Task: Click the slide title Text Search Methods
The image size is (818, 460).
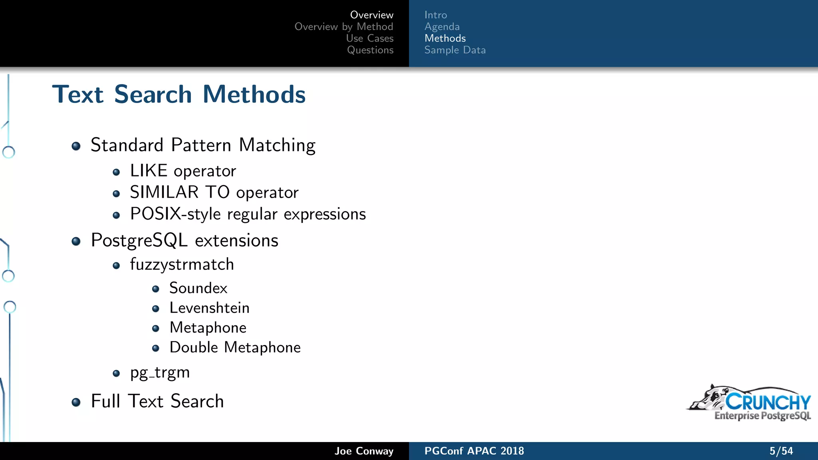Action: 179,95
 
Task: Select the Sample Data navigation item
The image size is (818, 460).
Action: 455,50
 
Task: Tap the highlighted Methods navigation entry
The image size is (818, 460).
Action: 445,38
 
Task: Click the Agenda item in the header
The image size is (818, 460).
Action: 442,27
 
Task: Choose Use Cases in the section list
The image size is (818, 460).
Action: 369,38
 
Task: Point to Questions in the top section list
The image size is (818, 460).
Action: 370,50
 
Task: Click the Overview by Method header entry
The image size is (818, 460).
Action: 343,27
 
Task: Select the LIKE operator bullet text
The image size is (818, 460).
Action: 183,171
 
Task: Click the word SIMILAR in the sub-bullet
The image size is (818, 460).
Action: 164,192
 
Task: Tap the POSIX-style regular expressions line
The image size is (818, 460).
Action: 248,214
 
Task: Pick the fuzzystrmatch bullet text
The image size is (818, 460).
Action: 182,264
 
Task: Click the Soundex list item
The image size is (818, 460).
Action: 198,288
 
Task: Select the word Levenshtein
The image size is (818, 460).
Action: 209,308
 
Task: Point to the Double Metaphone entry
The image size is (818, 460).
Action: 235,347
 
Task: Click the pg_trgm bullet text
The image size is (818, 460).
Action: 160,373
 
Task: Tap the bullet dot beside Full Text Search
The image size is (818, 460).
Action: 76,402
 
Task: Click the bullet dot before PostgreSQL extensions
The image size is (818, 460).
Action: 76,241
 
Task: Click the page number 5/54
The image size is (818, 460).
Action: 781,451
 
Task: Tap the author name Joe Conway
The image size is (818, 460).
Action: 363,451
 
